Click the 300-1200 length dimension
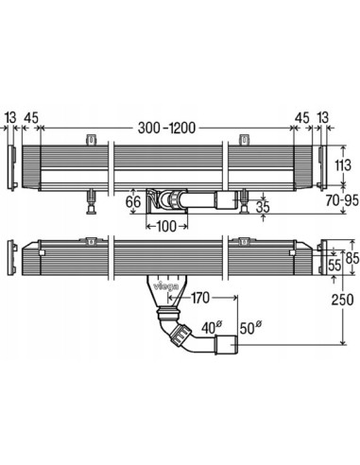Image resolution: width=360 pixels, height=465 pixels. coord(166,128)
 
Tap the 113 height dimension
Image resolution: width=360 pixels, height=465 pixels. coord(343,165)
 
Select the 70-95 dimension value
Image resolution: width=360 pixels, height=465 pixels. coord(342,200)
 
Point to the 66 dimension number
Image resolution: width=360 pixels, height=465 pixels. coord(133,202)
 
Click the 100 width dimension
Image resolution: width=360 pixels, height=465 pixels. coord(166,226)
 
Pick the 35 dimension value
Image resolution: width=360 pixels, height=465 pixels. coord(263,207)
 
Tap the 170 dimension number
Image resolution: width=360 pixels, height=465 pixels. coord(199,298)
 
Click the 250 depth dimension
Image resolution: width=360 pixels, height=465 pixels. coord(342,300)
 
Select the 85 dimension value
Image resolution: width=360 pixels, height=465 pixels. coord(352,258)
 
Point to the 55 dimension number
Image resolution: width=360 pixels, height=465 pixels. coord(334,266)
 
